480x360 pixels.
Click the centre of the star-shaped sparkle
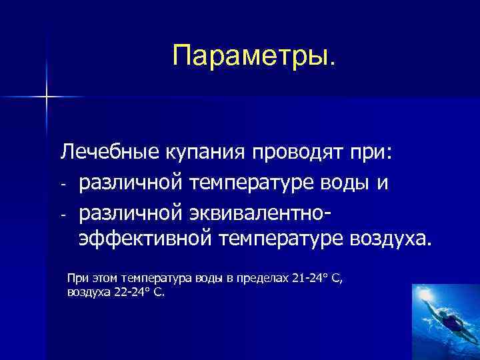click(47, 97)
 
